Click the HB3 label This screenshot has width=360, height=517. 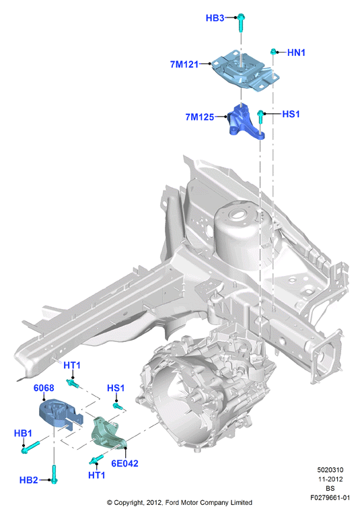(215, 18)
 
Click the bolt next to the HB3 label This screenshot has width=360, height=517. (241, 22)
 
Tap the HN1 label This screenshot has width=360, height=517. (296, 53)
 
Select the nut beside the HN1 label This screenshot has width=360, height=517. (273, 51)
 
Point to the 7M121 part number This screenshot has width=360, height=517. (184, 65)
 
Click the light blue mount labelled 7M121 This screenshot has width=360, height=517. (245, 70)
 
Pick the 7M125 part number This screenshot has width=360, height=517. (199, 117)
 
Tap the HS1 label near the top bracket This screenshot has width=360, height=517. (291, 114)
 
